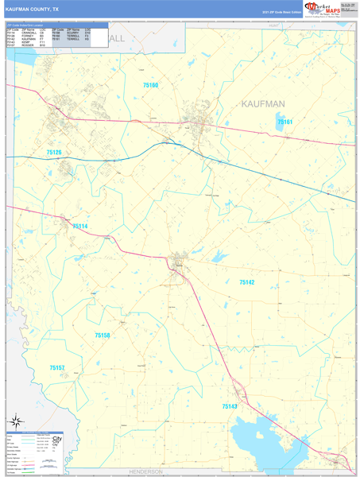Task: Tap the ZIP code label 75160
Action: click(151, 84)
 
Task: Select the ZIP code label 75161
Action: click(285, 122)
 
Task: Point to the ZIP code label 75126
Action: click(53, 152)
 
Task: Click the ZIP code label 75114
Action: click(80, 227)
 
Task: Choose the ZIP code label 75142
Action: click(246, 282)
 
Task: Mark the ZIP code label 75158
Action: click(103, 335)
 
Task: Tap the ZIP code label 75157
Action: click(56, 368)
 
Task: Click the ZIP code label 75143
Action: click(230, 406)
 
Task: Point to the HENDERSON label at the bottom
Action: click(145, 471)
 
